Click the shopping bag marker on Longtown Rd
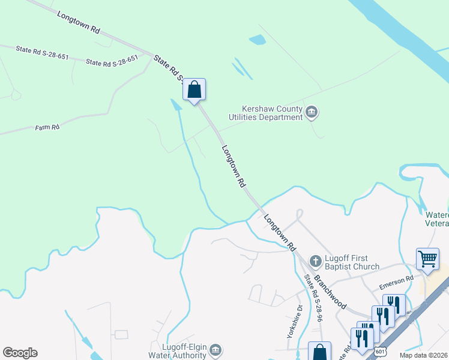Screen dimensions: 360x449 [x=194, y=90]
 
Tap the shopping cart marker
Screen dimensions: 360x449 [x=427, y=259]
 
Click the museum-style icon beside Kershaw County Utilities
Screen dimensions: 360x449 [x=312, y=112]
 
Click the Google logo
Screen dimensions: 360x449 [x=20, y=353]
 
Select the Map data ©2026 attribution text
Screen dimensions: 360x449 [x=423, y=355]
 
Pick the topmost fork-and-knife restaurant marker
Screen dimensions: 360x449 [x=394, y=304]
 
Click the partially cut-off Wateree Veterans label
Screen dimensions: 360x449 [x=438, y=219]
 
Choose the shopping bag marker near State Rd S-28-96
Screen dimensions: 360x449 [x=319, y=352]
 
